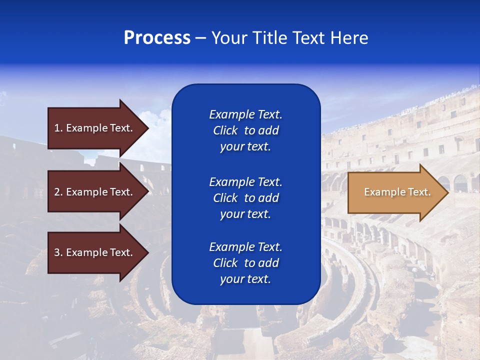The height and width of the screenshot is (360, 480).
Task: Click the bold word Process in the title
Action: [x=157, y=38]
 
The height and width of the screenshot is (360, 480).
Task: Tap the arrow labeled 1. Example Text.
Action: [x=95, y=128]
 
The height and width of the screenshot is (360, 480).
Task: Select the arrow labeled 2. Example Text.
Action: [x=95, y=192]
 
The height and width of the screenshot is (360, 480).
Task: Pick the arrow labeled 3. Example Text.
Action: [x=95, y=252]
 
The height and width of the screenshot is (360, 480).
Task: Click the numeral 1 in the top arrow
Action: [x=56, y=128]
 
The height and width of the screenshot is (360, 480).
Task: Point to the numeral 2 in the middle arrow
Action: [x=57, y=192]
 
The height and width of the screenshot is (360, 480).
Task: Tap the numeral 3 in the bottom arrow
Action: [x=57, y=252]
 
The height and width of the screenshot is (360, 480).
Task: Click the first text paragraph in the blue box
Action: [x=245, y=130]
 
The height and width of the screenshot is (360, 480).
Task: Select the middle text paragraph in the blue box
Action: [x=245, y=197]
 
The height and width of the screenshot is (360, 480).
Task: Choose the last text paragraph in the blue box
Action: [x=245, y=263]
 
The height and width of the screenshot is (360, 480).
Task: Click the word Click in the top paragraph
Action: [x=225, y=130]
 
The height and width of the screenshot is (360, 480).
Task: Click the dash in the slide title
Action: [x=201, y=38]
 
